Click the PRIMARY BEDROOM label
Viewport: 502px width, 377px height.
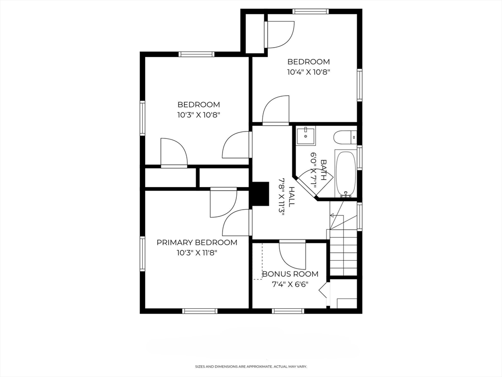pos(197,242)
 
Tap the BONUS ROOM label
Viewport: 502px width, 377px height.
pos(290,274)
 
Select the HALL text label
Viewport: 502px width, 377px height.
pos(292,197)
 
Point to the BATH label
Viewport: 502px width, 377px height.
pos(324,169)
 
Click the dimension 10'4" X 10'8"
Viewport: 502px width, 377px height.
pos(308,72)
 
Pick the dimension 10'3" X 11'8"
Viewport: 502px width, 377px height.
pos(197,253)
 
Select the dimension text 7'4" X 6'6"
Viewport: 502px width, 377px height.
pos(290,284)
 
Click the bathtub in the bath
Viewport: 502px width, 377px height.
pos(346,173)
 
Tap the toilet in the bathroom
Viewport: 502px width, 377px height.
pos(345,138)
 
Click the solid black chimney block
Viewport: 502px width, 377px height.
pos(261,193)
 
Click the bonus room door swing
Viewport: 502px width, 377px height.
pos(292,255)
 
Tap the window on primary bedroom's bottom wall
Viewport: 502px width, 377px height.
pos(200,311)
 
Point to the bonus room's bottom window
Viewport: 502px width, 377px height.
pos(288,311)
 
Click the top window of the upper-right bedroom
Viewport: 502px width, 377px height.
pos(310,12)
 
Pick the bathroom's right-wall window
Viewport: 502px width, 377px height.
pos(359,158)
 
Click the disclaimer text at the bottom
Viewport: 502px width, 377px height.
pos(251,366)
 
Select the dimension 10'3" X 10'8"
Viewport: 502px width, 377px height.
pos(199,115)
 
